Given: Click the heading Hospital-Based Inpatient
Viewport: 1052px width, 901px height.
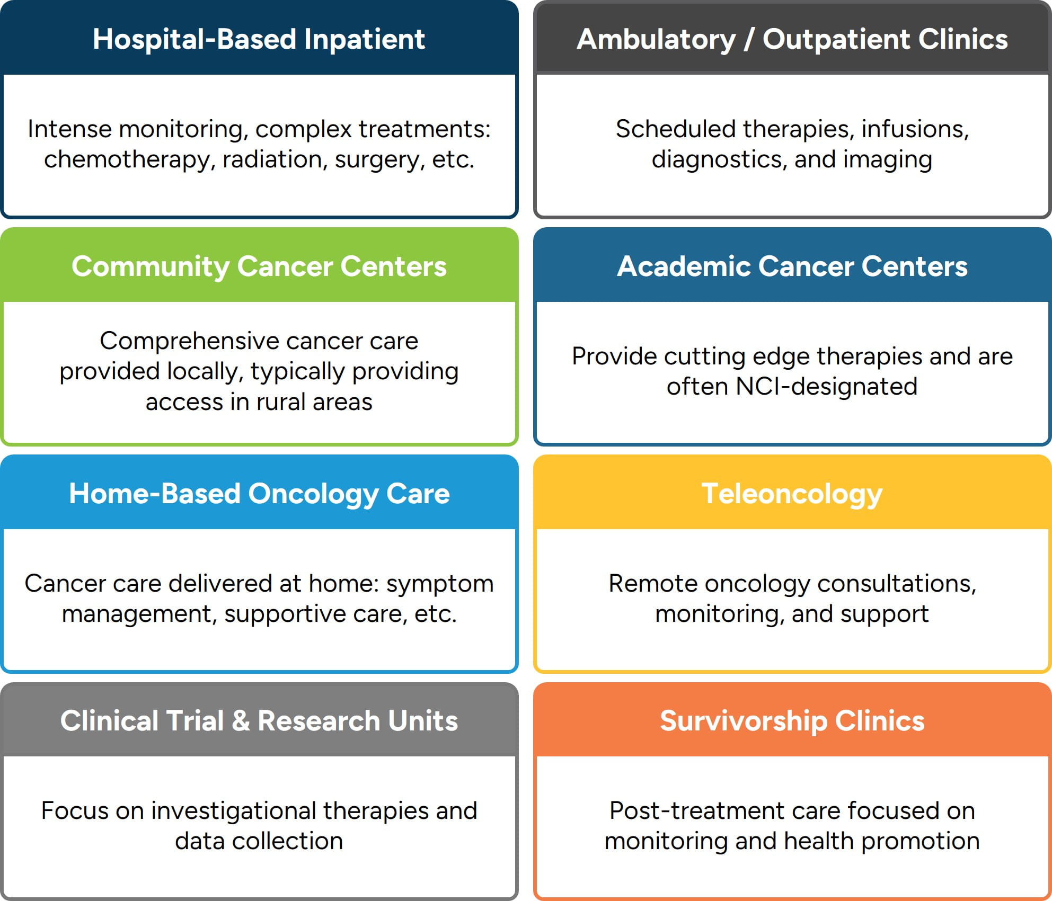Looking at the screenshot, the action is (x=259, y=40).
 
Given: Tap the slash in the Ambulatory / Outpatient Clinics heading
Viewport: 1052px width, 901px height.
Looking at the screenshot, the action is (x=749, y=40).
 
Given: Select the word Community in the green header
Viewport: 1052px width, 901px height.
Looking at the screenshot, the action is (x=151, y=266).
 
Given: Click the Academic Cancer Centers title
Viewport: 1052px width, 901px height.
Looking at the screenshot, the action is (x=792, y=266).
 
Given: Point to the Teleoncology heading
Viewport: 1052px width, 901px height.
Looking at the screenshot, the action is (x=792, y=494).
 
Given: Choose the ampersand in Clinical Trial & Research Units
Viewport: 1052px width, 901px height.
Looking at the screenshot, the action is (x=241, y=721).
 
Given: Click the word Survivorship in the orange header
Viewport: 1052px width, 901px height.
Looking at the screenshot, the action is (x=743, y=721).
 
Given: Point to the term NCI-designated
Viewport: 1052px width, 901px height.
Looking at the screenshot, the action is (x=826, y=387).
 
